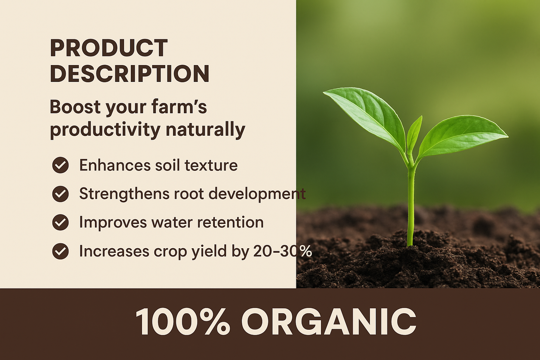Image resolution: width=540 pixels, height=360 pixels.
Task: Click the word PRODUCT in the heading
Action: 109,48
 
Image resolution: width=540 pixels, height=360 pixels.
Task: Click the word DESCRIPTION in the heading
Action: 129,74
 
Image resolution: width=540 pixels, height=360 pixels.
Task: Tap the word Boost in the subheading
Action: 75,107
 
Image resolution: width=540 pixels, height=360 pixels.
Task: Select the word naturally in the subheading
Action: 205,130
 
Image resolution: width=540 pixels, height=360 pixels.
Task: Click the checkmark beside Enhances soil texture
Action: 60,165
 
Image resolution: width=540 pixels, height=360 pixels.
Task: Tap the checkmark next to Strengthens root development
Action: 60,194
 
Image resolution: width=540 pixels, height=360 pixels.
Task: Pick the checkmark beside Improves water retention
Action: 60,222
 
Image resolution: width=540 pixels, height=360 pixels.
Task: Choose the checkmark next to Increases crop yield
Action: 60,251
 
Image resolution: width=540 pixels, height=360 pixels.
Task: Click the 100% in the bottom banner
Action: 182,322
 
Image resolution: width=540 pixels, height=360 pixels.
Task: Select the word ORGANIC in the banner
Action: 329,322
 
